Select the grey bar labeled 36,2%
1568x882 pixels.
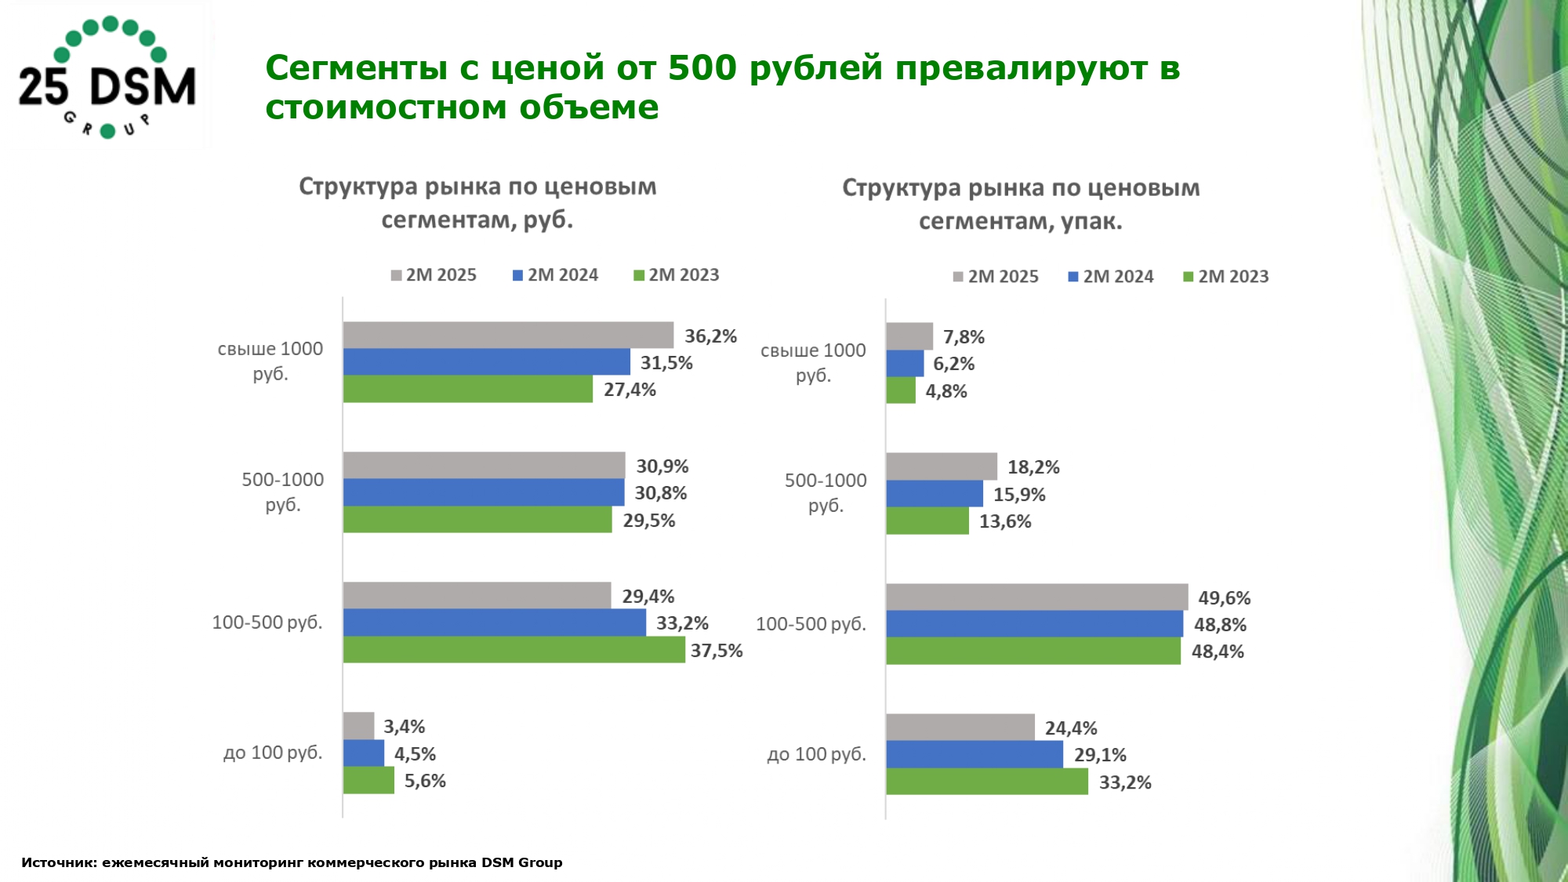click(508, 335)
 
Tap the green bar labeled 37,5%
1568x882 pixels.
click(514, 650)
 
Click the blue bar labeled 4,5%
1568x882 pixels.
click(364, 753)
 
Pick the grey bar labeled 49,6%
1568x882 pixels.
click(1036, 597)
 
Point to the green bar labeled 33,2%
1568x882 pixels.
click(987, 782)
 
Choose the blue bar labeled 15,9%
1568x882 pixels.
click(935, 494)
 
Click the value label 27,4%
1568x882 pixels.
click(630, 390)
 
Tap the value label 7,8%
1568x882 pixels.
click(964, 337)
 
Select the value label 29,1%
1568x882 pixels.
click(1100, 755)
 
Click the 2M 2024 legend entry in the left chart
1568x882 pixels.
click(555, 275)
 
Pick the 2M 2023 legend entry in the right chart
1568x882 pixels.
click(1226, 277)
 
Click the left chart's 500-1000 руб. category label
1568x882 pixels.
click(282, 492)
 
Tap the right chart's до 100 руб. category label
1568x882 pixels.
click(816, 754)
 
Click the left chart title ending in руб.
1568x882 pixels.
click(477, 203)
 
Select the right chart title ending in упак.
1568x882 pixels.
click(1021, 205)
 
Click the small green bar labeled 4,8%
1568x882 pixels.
click(901, 390)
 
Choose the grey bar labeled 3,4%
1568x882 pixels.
click(358, 726)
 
